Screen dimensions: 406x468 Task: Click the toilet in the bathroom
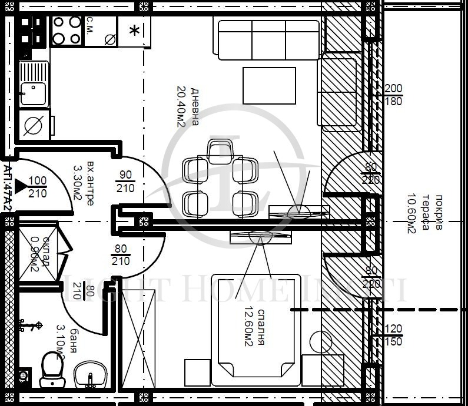tap(51, 370)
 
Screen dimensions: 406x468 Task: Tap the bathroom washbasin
tap(89, 374)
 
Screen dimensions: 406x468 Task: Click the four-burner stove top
tap(67, 31)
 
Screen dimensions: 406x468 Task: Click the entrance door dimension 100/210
tap(38, 187)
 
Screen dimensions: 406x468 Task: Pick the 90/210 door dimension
tap(125, 181)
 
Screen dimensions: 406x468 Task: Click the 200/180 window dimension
tap(393, 95)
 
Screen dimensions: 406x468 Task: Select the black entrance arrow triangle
tap(21, 187)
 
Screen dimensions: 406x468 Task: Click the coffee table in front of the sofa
tap(270, 86)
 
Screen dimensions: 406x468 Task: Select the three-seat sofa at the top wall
tap(269, 39)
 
